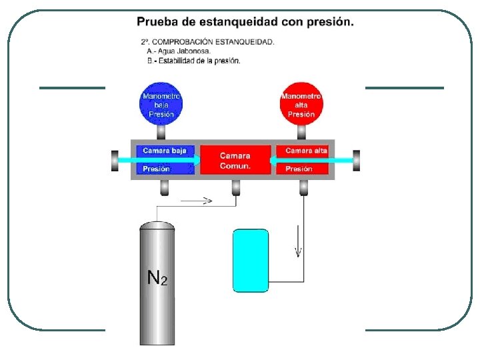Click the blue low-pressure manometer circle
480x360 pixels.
[161, 105]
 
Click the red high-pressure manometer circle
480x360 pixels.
[301, 105]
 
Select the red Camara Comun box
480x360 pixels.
[235, 160]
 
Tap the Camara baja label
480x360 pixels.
[165, 151]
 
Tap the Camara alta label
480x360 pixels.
[306, 151]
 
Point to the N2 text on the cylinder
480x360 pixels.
[157, 277]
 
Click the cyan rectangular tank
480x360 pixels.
[251, 261]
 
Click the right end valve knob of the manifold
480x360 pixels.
[357, 160]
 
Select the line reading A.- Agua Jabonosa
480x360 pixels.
[179, 51]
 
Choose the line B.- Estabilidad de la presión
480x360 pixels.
[194, 61]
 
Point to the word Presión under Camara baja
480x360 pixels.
[156, 169]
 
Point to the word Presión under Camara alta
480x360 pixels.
[299, 169]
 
